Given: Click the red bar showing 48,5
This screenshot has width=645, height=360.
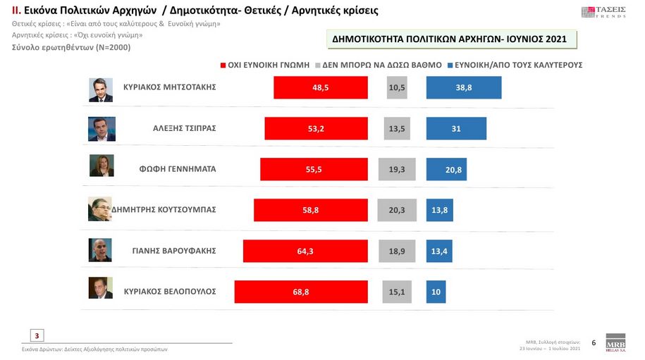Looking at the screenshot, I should [x=321, y=87].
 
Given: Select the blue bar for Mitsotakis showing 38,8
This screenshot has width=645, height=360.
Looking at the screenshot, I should [x=464, y=87].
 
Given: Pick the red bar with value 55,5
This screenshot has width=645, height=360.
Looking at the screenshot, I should [x=314, y=169].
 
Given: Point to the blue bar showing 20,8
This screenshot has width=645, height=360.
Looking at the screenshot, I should [x=446, y=169].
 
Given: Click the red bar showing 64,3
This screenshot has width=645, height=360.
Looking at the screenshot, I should [x=305, y=251].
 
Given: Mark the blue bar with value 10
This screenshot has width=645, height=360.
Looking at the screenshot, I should [x=436, y=292].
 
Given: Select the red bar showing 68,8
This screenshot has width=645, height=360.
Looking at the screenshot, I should [x=301, y=292].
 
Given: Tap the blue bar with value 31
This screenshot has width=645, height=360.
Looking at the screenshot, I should [x=456, y=128].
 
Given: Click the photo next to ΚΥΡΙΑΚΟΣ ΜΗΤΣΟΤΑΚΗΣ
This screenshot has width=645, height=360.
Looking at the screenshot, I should [x=101, y=89].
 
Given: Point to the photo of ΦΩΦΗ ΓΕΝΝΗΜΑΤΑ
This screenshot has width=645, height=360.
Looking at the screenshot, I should [x=101, y=166].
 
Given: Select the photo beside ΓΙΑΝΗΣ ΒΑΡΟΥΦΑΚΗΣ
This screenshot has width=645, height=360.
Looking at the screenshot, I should [x=100, y=250].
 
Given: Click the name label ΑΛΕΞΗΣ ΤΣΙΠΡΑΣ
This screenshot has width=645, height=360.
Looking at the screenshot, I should [x=184, y=128].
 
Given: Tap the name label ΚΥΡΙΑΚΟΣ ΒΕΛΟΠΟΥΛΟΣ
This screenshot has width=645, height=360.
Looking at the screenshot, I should [x=169, y=291].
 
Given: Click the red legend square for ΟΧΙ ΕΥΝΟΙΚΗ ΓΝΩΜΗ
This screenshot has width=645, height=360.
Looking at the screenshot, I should [x=223, y=65].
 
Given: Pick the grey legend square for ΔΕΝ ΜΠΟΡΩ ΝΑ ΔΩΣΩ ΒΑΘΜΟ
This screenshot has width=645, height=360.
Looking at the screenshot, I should [x=318, y=65].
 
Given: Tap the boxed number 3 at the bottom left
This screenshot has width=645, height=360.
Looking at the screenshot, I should [x=37, y=335].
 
